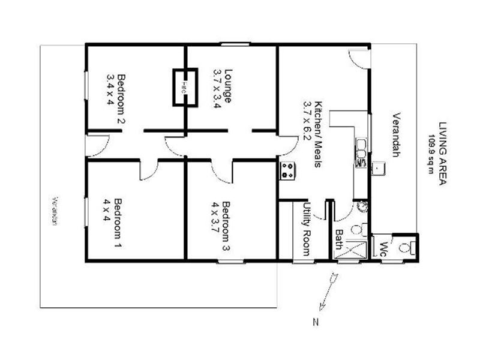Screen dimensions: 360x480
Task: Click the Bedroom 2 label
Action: (x=121, y=98)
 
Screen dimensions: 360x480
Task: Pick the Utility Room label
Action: (x=306, y=230)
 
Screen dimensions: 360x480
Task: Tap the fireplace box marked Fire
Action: (x=185, y=88)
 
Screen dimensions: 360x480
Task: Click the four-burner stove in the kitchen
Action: (x=286, y=172)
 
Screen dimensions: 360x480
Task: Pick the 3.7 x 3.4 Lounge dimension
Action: (x=217, y=88)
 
